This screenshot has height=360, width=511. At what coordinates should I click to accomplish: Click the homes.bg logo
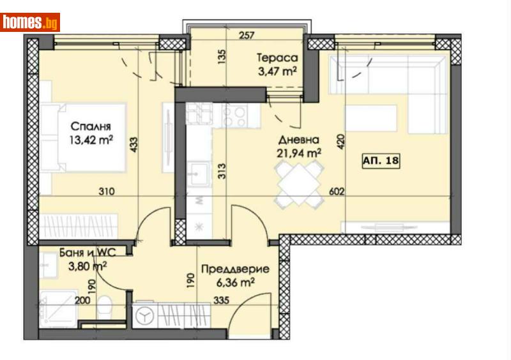[x=30, y=22]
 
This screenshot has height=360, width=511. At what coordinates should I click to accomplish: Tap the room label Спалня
[x=91, y=126]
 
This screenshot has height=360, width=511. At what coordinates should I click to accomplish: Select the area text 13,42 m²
[x=91, y=140]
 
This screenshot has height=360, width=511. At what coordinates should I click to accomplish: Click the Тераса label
[x=277, y=57]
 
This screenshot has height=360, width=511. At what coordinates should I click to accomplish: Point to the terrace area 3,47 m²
[x=277, y=71]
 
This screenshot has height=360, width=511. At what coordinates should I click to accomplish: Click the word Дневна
[x=299, y=140]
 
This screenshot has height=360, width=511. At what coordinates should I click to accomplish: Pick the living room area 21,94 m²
[x=299, y=153]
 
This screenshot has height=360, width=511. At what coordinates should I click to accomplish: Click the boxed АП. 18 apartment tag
[x=381, y=161]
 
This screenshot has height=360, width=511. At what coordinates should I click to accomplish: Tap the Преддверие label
[x=235, y=269]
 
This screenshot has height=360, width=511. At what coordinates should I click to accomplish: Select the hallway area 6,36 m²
[x=235, y=283]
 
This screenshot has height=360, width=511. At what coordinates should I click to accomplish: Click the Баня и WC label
[x=88, y=253]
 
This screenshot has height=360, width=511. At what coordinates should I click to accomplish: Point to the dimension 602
[x=337, y=191]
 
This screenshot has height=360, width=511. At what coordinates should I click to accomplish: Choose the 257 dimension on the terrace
[x=247, y=35]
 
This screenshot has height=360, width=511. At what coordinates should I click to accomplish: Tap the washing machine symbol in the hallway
[x=145, y=316]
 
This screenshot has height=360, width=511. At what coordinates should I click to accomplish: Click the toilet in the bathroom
[x=105, y=307]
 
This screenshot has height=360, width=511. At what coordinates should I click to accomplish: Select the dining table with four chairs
[x=299, y=184]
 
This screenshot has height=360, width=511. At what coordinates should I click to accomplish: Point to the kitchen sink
[x=199, y=174]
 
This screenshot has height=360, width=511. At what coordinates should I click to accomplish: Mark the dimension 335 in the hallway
[x=221, y=300]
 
